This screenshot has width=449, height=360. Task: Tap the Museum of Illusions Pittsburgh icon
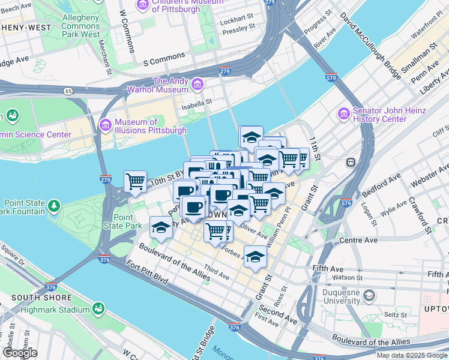[x=106, y=125]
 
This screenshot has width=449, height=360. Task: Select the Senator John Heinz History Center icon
[x=344, y=113]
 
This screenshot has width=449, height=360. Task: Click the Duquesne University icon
[x=370, y=295]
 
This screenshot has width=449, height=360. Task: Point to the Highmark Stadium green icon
[x=98, y=309]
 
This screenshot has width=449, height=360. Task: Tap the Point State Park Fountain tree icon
[x=55, y=206]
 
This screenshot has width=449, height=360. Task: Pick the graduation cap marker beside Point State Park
[x=161, y=227]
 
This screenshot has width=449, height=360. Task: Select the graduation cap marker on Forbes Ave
[x=256, y=256]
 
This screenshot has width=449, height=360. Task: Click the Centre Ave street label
[x=358, y=240]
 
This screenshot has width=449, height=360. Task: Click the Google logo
[x=20, y=352]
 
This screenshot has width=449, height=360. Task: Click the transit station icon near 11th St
[x=351, y=162]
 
